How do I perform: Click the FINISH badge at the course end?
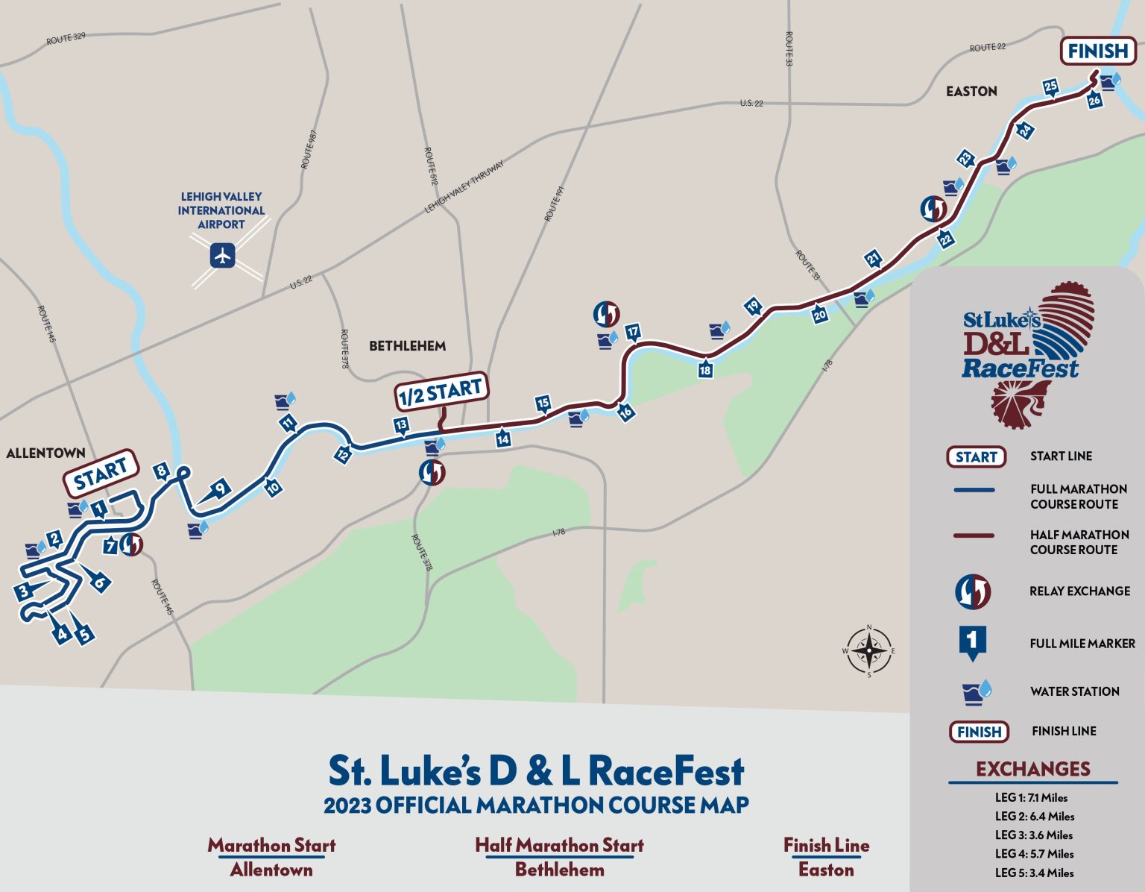[x=1097, y=51]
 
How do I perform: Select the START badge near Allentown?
[x=101, y=472]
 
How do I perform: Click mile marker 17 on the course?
[x=633, y=333]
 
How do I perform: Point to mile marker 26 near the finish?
[x=1094, y=100]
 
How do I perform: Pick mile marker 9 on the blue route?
[x=220, y=489]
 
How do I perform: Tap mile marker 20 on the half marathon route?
[x=819, y=315]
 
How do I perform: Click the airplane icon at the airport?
[x=222, y=257]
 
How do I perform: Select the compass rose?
[x=868, y=650]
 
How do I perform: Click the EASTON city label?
[x=971, y=92]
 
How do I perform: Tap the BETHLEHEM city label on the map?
[x=407, y=346]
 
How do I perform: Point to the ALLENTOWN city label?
[x=45, y=453]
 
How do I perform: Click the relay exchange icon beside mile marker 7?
[x=132, y=544]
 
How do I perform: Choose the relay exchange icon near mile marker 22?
[x=933, y=210]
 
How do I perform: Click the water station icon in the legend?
[x=977, y=691]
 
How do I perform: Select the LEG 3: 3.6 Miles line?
[x=1034, y=835]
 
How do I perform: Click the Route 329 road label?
[x=66, y=38]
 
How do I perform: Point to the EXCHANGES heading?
[x=1032, y=769]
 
